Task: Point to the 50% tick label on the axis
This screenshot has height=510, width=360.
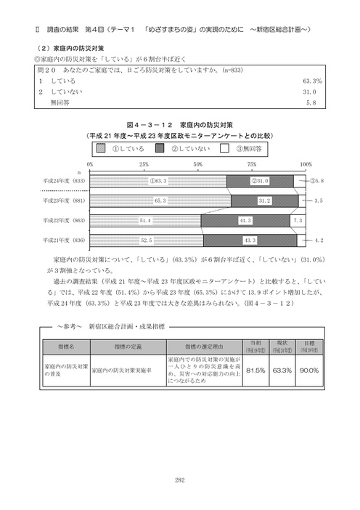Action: [198, 165]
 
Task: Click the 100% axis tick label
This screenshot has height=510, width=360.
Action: [305, 165]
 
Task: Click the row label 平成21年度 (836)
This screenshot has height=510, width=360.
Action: [66, 240]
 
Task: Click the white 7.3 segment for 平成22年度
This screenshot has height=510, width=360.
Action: [297, 219]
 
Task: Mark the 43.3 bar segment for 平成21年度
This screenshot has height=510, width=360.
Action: [250, 240]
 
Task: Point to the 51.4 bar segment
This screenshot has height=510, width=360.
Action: [144, 219]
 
